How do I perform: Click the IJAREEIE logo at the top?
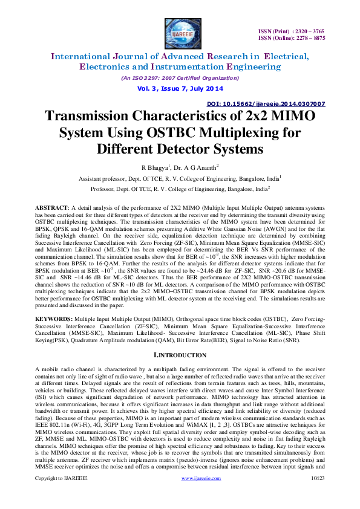180,31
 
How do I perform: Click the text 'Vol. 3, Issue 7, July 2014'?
180,88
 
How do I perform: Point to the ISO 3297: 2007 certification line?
180,78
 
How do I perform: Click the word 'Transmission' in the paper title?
103,117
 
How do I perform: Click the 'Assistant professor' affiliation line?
180,179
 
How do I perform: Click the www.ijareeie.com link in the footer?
201,494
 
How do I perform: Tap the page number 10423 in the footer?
318,494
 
